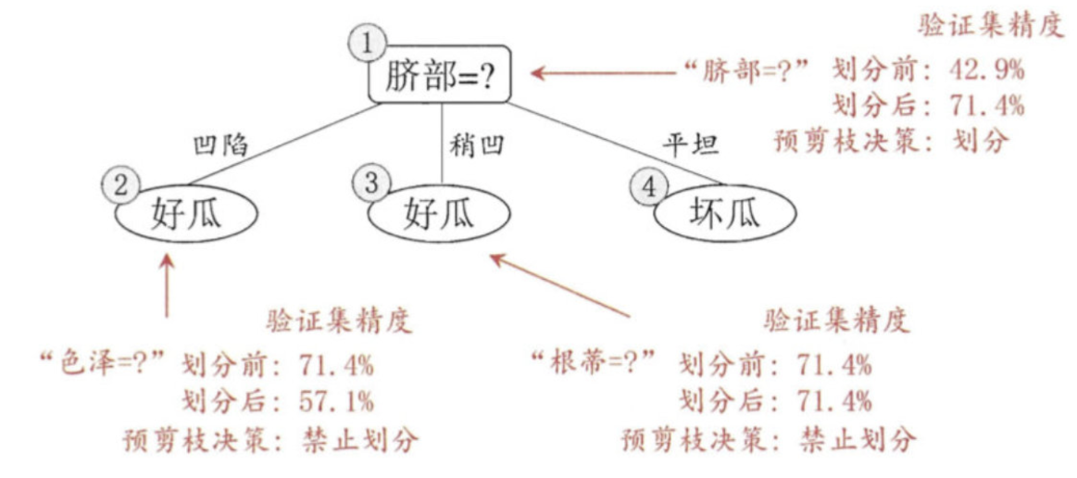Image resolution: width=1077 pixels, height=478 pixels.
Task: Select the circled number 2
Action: click(x=119, y=186)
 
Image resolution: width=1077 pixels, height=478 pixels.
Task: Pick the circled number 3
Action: click(x=371, y=183)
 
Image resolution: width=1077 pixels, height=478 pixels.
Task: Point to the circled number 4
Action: click(x=648, y=187)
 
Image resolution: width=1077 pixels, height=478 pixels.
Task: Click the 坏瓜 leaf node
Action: click(x=724, y=215)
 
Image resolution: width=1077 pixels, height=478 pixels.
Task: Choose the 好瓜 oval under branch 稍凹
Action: click(x=440, y=215)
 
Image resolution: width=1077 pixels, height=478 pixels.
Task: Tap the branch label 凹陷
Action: click(x=219, y=145)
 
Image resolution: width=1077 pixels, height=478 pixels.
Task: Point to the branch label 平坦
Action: click(x=690, y=145)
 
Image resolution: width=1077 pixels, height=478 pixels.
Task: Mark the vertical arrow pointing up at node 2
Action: click(x=168, y=287)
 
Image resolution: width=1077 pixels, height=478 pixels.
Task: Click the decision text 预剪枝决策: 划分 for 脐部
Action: click(x=892, y=142)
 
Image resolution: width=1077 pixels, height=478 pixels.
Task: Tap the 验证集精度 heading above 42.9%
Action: click(x=989, y=24)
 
